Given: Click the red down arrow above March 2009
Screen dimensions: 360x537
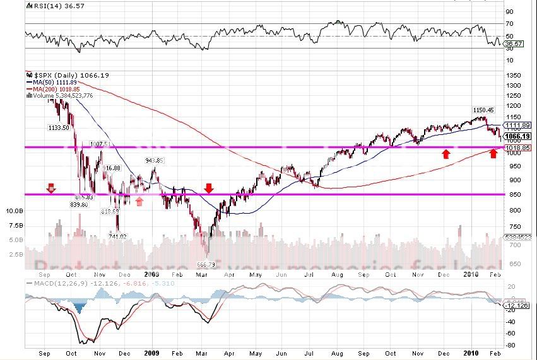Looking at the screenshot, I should tap(209, 188).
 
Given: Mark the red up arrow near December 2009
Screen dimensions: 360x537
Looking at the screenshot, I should tap(446, 153).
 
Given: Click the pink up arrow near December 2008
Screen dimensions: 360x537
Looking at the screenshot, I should tap(139, 200).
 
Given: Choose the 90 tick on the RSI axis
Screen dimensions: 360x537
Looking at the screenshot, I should tap(509, 11).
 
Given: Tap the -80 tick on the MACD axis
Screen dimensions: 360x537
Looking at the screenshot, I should tap(509, 344).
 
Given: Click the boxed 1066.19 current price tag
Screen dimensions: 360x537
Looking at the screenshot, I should tap(517, 136).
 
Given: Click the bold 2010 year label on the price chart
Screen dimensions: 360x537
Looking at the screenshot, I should tap(469, 275).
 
